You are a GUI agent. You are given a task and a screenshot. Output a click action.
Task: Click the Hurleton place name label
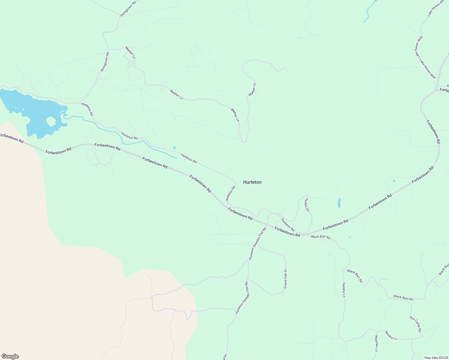click(252, 182)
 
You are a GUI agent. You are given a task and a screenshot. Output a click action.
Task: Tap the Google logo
click(10, 356)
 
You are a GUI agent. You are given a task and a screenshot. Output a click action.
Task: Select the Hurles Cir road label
click(306, 205)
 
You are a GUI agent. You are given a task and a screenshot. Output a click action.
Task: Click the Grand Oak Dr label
click(285, 279)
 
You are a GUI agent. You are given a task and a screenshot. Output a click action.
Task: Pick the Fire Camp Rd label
click(415, 324)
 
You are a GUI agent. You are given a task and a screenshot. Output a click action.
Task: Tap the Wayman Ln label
click(376, 343)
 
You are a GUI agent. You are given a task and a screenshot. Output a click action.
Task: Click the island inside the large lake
click(51, 121)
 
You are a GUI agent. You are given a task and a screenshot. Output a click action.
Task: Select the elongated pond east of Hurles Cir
click(339, 203)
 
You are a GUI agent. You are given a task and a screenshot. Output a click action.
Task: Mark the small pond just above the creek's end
click(174, 148)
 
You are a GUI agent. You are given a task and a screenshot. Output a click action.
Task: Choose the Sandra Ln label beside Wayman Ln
click(391, 335)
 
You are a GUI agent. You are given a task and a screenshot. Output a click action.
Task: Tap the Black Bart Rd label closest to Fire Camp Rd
click(403, 298)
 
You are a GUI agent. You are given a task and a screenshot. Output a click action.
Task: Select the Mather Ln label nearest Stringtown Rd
click(130, 52)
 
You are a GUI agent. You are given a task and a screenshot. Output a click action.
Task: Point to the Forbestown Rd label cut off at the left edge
click(11, 138)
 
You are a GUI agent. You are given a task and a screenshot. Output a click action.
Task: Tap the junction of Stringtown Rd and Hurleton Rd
click(79, 103)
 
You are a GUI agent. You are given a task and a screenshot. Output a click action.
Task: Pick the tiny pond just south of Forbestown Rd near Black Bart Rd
click(350, 237)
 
